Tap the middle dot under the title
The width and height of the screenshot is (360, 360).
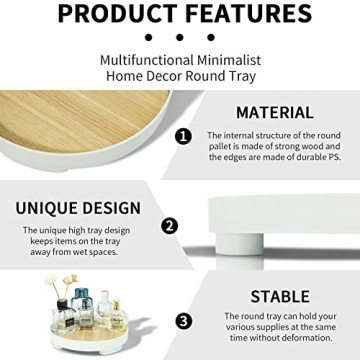[x=180, y=37]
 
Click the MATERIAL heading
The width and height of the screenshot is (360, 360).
[x=274, y=113]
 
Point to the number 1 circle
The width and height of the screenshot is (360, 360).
[x=183, y=135]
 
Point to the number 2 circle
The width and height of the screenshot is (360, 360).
[x=170, y=226]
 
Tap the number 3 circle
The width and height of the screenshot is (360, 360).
[x=183, y=321]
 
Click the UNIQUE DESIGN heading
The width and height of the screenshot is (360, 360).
[x=78, y=209]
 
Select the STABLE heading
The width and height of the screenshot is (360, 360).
[x=280, y=296]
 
